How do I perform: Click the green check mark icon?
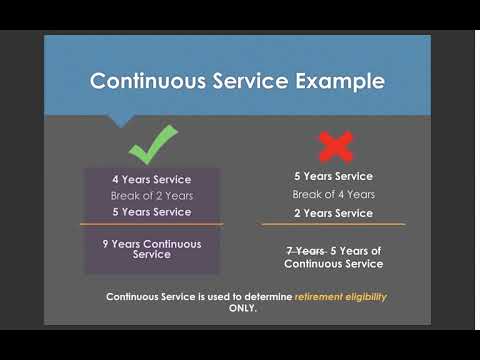coord(151,144)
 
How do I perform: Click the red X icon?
coord(334,147)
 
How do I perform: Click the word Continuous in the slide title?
coord(147,81)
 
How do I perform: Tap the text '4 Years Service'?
coord(151,179)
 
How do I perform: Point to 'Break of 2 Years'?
coord(151,195)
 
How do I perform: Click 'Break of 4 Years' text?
coord(333,194)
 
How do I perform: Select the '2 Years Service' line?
coord(333,213)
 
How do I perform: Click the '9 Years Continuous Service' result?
coord(151,249)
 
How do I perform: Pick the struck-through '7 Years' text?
coord(307,250)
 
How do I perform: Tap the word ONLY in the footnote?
coord(241,309)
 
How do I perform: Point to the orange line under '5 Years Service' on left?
coord(151,224)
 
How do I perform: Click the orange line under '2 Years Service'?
coord(334,224)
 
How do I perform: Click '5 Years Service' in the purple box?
coord(151,212)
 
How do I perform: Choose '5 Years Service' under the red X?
coord(333,176)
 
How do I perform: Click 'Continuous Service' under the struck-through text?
coord(333,264)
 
